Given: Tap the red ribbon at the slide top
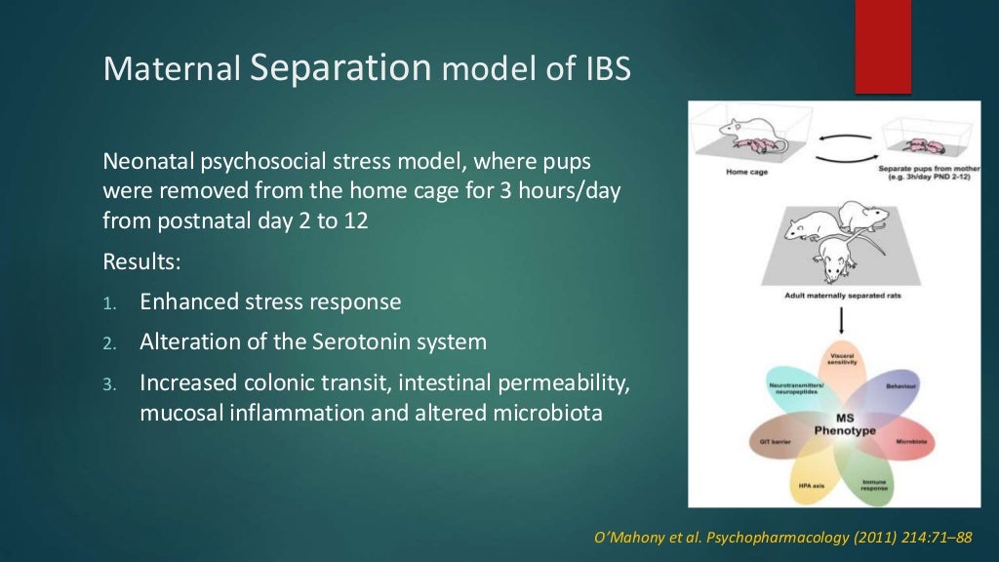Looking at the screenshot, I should [883, 46].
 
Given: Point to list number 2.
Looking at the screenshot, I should [109, 343].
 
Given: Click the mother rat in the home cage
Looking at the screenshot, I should [741, 128].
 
